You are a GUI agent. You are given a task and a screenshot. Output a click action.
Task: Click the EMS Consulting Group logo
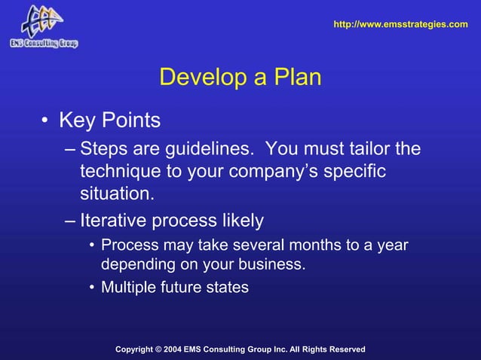pyautogui.click(x=44, y=26)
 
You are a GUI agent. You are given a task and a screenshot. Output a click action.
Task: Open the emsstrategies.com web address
pyautogui.click(x=400, y=25)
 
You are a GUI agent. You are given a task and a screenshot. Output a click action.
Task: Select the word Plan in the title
pyautogui.click(x=298, y=78)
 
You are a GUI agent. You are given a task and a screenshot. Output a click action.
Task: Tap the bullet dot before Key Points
pyautogui.click(x=46, y=121)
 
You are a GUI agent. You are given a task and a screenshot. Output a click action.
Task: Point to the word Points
pyautogui.click(x=133, y=121)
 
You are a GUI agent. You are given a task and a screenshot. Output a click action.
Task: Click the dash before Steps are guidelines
pyautogui.click(x=69, y=148)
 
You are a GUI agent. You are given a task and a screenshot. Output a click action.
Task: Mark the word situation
pyautogui.click(x=117, y=195)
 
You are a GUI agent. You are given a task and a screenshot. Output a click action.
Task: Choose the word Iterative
pyautogui.click(x=114, y=221)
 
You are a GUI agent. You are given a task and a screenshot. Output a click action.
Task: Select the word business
pyautogui.click(x=271, y=265)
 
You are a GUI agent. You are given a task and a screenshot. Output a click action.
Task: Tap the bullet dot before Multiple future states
pyautogui.click(x=91, y=287)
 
